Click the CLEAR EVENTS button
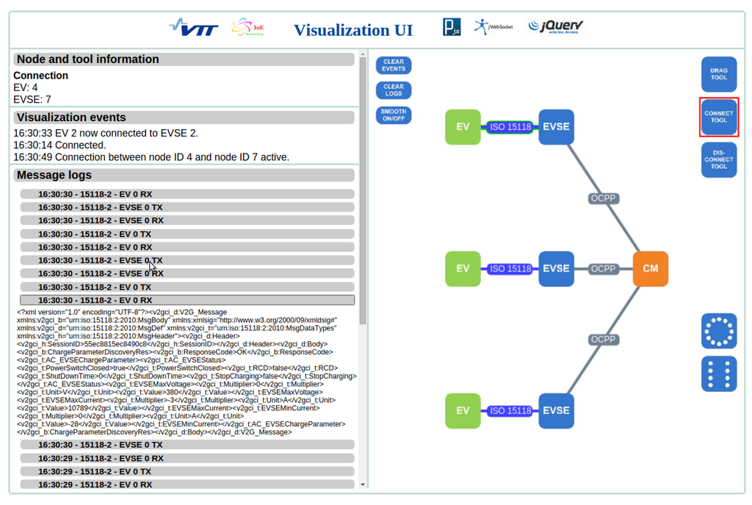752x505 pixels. [394, 65]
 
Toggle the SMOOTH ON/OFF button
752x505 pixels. [394, 115]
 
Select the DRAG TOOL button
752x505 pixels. [718, 74]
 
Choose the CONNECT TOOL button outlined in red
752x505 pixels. [718, 117]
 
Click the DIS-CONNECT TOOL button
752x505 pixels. [718, 160]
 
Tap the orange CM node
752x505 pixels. [650, 269]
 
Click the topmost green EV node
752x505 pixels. [463, 127]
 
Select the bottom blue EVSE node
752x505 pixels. [556, 411]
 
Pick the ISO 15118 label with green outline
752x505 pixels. [510, 128]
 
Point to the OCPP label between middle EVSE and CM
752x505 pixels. [603, 269]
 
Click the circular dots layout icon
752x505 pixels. [718, 331]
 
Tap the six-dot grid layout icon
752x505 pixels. [718, 374]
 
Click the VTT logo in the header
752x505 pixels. [193, 28]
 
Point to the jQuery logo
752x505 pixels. [556, 27]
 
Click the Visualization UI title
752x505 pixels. [353, 30]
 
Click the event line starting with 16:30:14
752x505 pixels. [60, 145]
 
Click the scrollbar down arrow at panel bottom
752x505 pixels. [362, 484]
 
